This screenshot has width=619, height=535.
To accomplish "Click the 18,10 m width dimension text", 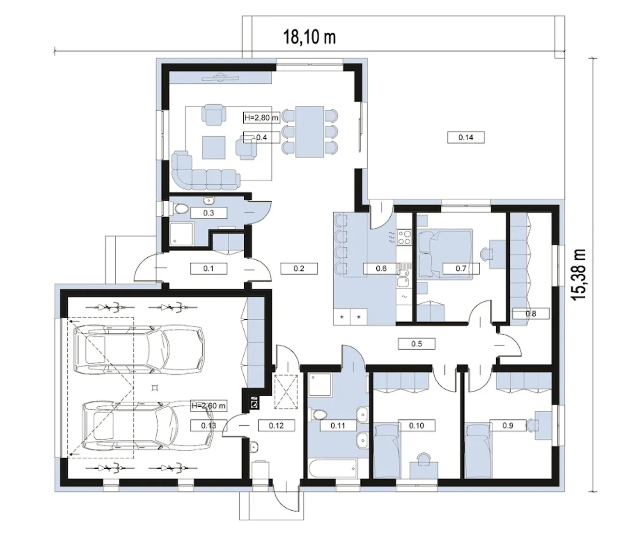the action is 309,38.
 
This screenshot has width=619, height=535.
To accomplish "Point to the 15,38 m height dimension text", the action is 578,274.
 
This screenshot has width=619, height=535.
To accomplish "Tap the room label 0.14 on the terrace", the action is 466,137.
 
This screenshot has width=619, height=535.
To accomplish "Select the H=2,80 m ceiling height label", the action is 262,118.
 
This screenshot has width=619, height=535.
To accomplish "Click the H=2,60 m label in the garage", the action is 209,406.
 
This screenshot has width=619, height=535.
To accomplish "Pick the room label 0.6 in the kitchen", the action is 381,268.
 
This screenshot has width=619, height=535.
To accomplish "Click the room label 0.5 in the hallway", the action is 416,343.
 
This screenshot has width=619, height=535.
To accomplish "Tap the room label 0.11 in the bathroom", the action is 338,425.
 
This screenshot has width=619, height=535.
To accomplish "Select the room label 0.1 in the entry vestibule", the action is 208,268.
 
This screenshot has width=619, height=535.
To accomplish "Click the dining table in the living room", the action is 309,132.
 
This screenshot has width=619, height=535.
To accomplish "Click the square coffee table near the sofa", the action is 214,148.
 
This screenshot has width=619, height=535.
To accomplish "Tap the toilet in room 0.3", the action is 180,209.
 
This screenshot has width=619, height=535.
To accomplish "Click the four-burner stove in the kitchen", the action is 404,237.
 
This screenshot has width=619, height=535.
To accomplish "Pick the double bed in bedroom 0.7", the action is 445,254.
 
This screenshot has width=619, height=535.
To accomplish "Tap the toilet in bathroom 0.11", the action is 318,416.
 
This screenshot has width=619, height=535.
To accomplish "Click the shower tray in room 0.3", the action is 181,234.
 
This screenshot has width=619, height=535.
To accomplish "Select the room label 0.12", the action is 276,425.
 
